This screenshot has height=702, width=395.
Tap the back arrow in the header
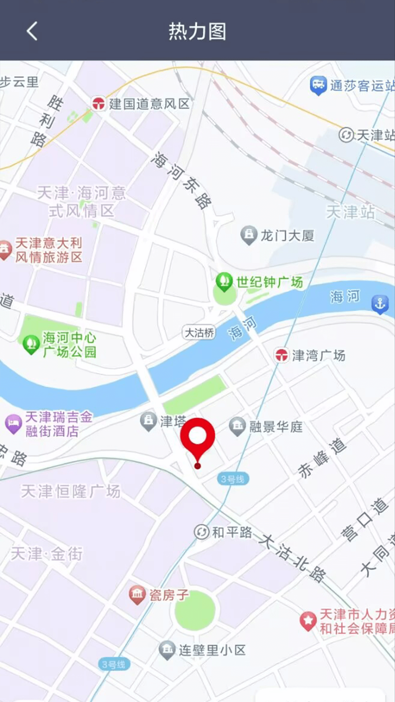click(32, 31)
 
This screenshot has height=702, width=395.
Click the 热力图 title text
click(197, 31)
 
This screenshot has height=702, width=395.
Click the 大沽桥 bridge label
click(199, 333)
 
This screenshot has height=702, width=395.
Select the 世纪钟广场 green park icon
click(224, 281)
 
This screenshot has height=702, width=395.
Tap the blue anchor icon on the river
click(380, 303)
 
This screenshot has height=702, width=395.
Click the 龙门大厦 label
click(287, 236)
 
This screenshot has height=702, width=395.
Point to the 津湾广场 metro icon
click(282, 355)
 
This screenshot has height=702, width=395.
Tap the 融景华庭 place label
click(276, 427)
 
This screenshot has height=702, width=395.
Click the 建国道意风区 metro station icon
click(98, 103)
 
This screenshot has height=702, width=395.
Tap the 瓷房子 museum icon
click(137, 595)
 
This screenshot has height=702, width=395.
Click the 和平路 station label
click(232, 532)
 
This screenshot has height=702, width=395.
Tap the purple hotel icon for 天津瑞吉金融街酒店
click(13, 424)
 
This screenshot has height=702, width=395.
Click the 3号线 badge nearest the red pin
click(233, 479)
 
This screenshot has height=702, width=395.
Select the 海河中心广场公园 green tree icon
click(31, 344)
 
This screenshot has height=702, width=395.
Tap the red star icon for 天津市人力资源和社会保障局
click(308, 620)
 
